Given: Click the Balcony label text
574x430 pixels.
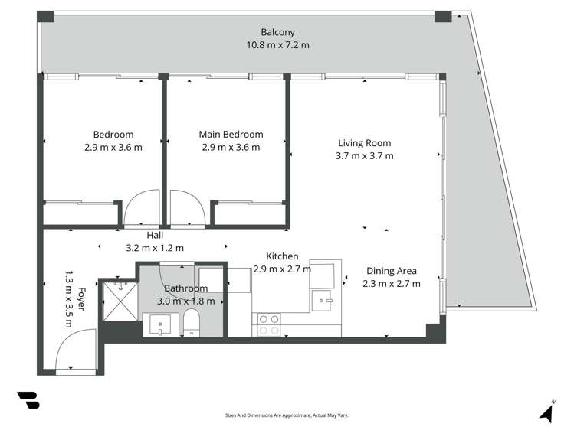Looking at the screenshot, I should [x=277, y=32].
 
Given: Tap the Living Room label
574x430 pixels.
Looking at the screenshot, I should [x=364, y=142].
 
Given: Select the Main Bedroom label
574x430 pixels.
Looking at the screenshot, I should [x=231, y=134].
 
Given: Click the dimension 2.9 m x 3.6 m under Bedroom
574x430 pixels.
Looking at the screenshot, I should [x=113, y=147].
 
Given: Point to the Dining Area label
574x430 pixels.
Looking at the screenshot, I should [x=391, y=270].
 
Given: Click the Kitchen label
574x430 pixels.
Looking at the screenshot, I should [x=282, y=256].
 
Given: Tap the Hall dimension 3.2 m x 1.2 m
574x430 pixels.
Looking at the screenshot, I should [x=155, y=248].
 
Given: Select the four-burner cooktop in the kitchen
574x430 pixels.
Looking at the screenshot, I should [x=269, y=324].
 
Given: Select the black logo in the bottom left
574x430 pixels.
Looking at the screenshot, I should [x=27, y=400].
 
